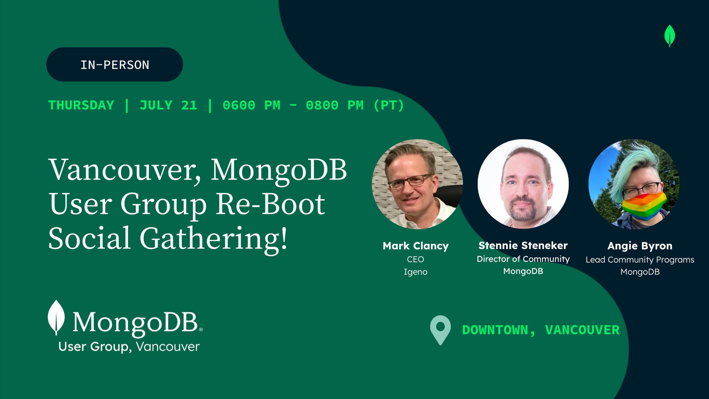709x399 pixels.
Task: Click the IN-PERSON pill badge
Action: point(114,64)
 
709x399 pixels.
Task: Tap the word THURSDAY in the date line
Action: point(81,105)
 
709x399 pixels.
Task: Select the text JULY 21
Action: point(168,105)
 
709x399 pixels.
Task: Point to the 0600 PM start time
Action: point(251,105)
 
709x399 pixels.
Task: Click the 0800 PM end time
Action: point(335,105)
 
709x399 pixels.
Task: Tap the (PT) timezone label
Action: point(389,105)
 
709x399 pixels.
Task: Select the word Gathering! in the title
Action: point(213,239)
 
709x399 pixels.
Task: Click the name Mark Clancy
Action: point(416,246)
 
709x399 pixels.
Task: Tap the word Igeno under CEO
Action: point(415,272)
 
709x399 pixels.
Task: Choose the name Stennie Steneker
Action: point(523,245)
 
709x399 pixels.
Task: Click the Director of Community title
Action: point(523,259)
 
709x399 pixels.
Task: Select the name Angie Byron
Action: point(640,246)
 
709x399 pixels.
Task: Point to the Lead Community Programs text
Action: point(640,260)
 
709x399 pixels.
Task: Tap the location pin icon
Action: point(441,330)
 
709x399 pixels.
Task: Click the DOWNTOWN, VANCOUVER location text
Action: point(541,330)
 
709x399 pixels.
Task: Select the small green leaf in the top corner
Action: point(669,36)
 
